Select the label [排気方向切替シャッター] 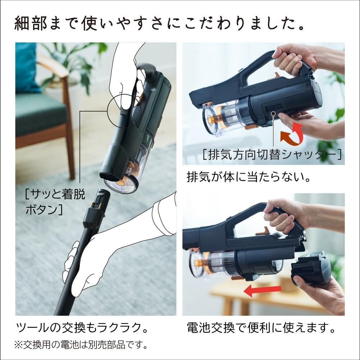pos(272,155)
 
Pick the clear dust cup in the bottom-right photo pos(212,263)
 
